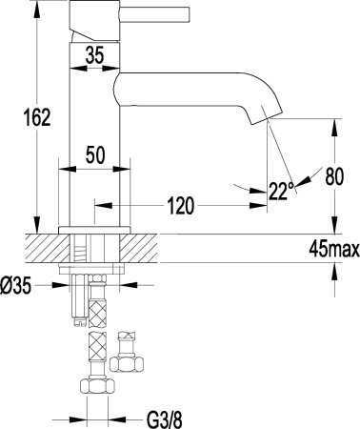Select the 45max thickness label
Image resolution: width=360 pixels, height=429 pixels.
pos(333,251)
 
